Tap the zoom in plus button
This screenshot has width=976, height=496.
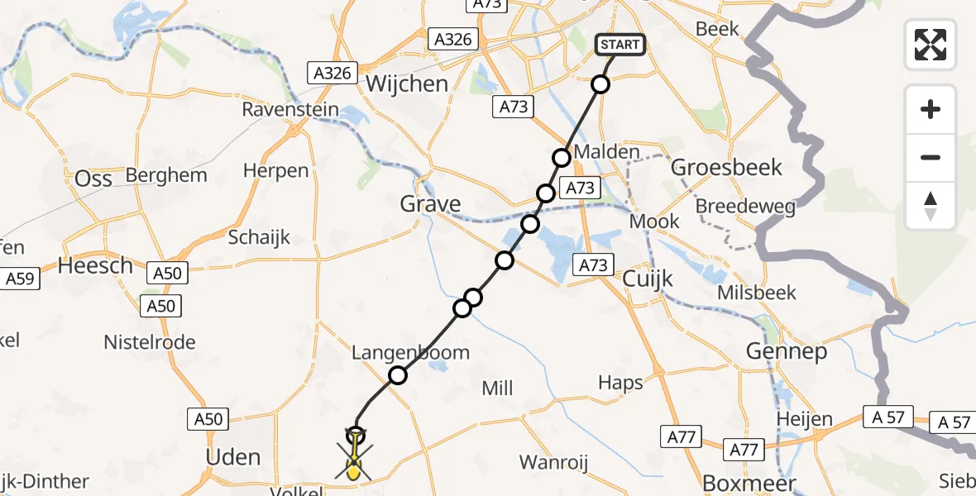pos(931,109)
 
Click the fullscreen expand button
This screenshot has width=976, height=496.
pos(931,44)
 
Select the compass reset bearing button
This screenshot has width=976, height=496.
pos(931,206)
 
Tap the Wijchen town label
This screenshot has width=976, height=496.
pos(406,83)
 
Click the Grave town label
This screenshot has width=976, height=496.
pos(430,204)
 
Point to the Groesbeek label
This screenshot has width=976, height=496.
pos(726,168)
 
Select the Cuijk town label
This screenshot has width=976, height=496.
pos(650,276)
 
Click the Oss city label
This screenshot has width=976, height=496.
pos(93,179)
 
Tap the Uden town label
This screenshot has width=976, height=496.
pos(232,457)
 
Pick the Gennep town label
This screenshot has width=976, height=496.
pos(786,352)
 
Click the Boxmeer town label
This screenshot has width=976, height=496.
pos(737,483)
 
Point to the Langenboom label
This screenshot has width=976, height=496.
pos(410,353)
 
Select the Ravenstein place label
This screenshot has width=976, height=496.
pos(290,109)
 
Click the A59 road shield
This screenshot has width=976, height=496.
pos(20,279)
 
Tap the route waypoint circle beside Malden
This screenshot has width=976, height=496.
pos(562,158)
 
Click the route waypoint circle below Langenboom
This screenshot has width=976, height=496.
pos(398,375)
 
